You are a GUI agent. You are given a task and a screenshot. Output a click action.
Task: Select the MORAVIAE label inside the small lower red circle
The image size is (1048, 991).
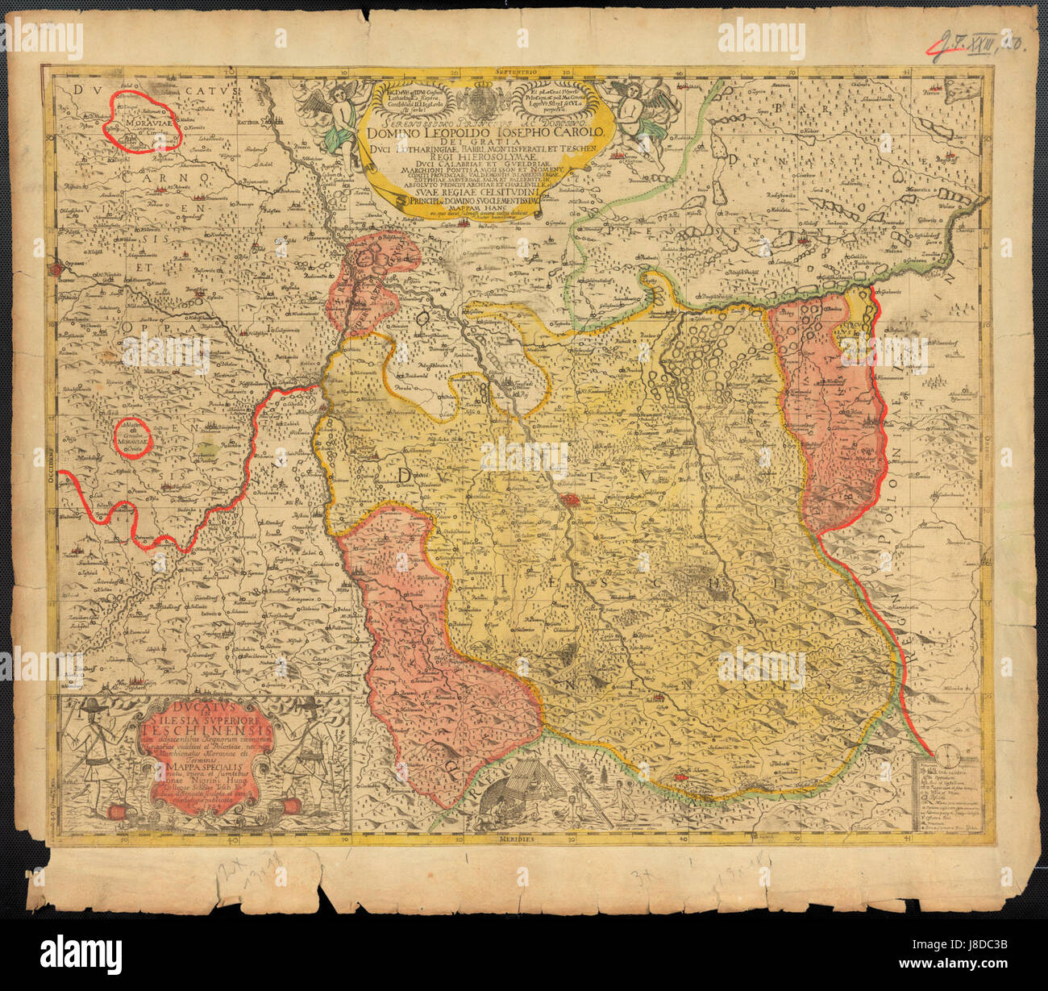[131, 442]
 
